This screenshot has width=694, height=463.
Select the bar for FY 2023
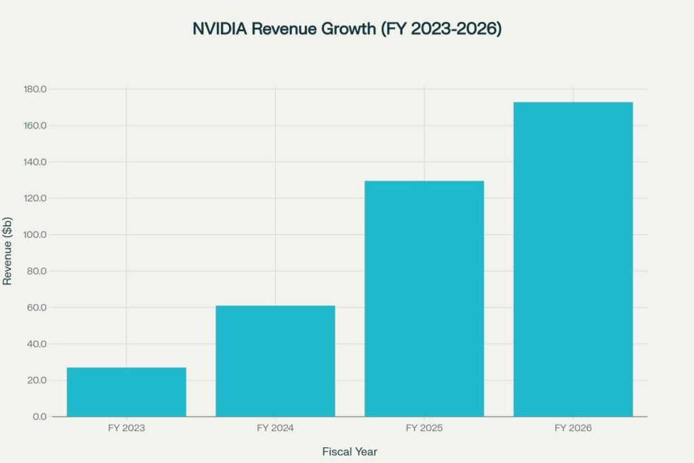[126, 392]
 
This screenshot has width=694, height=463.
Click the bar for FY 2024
[275, 361]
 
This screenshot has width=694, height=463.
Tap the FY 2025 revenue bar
[424, 298]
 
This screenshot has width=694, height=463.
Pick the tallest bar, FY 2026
[573, 259]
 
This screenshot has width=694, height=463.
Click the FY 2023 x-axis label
[126, 428]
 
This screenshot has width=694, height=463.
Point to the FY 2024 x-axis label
[275, 428]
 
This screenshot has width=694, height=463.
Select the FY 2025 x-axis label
[424, 428]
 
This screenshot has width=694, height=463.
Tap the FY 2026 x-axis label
[573, 428]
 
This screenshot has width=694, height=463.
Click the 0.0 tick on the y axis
[39, 416]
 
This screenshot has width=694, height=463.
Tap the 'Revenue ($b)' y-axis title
[7, 252]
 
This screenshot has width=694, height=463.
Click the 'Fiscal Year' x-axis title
[350, 451]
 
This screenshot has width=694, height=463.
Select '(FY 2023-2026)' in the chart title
[441, 30]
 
